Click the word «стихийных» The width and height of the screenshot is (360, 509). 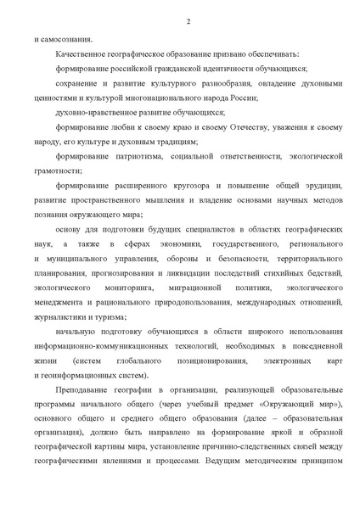(286, 272)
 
